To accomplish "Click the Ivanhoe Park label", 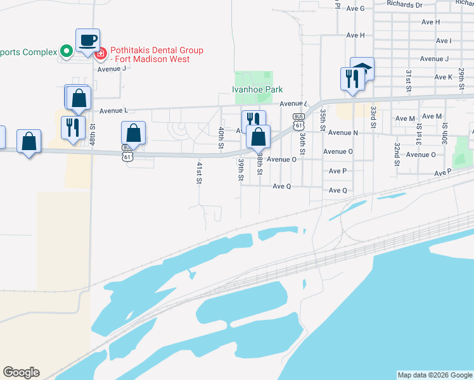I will click(x=257, y=90).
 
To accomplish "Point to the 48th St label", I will click(x=93, y=135).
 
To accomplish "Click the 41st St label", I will click(x=199, y=172).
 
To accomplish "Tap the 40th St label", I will click(x=221, y=138).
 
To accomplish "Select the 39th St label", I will click(x=241, y=170).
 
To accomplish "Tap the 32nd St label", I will click(x=397, y=154).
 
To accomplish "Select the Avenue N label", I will click(x=343, y=132).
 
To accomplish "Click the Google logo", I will click(x=21, y=372).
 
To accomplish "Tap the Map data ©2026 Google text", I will click(x=435, y=375).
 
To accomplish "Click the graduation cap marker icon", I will click(x=363, y=68).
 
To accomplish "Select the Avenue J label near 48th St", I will click(x=112, y=68).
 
